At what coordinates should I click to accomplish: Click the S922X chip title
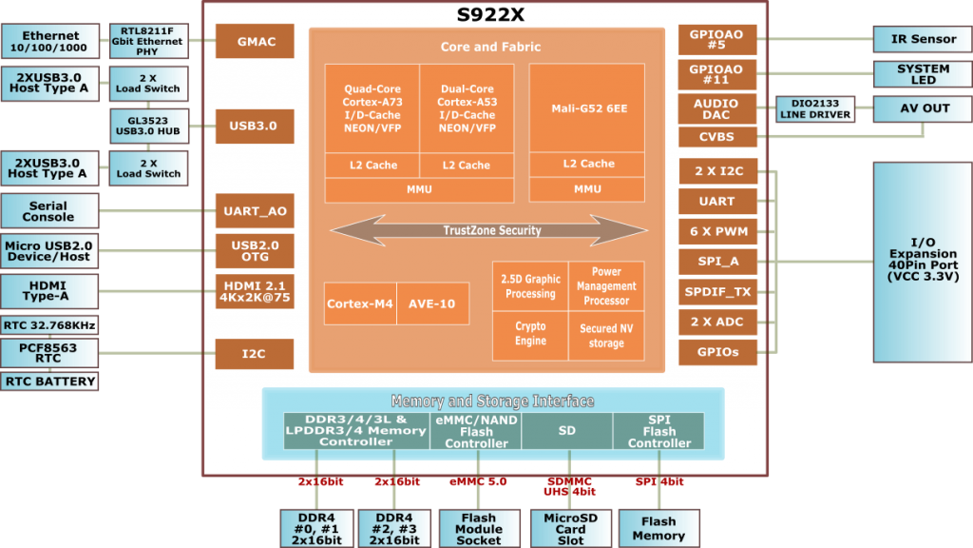point(490,14)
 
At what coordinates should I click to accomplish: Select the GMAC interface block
point(255,41)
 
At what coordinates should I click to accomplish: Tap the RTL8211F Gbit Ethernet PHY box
point(149,41)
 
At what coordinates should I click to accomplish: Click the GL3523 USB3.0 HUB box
point(149,127)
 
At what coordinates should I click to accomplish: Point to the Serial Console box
point(49,211)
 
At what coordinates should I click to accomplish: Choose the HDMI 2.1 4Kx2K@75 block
point(255,291)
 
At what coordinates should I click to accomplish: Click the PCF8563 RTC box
point(49,353)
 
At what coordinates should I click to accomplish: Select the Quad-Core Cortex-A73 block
point(372,108)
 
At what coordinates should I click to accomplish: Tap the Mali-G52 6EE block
point(587,108)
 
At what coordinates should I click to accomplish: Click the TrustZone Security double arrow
point(489,230)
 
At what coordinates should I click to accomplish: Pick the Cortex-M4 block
point(360,303)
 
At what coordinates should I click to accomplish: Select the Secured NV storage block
point(606,336)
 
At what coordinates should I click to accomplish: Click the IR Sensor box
point(923,39)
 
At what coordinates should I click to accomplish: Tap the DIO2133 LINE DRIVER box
point(815,108)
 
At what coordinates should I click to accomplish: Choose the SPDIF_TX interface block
point(718,291)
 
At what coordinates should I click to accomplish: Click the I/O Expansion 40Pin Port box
point(923,263)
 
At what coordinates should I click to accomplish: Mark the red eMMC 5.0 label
point(478,481)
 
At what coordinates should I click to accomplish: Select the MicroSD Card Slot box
point(571,529)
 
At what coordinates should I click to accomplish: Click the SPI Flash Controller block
point(659,431)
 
